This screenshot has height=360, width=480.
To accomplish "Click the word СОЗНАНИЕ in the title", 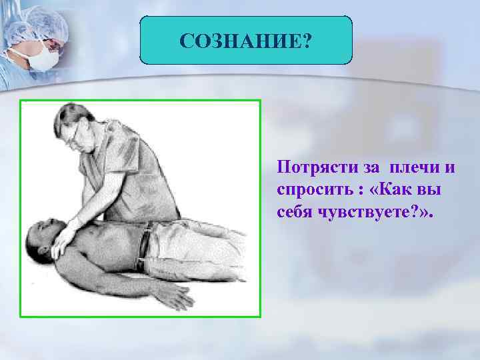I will (239, 42).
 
